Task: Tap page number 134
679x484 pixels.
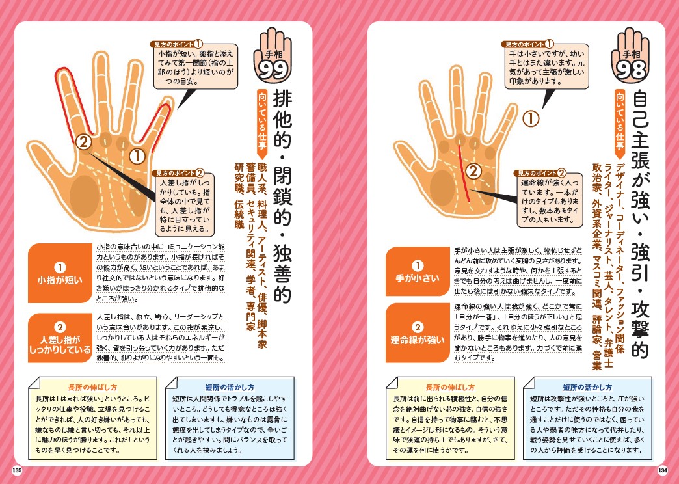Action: click(x=662, y=470)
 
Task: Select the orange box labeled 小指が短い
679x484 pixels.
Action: click(x=59, y=274)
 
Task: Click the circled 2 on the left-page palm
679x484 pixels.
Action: click(x=83, y=141)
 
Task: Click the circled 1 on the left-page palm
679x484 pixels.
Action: click(x=137, y=156)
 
